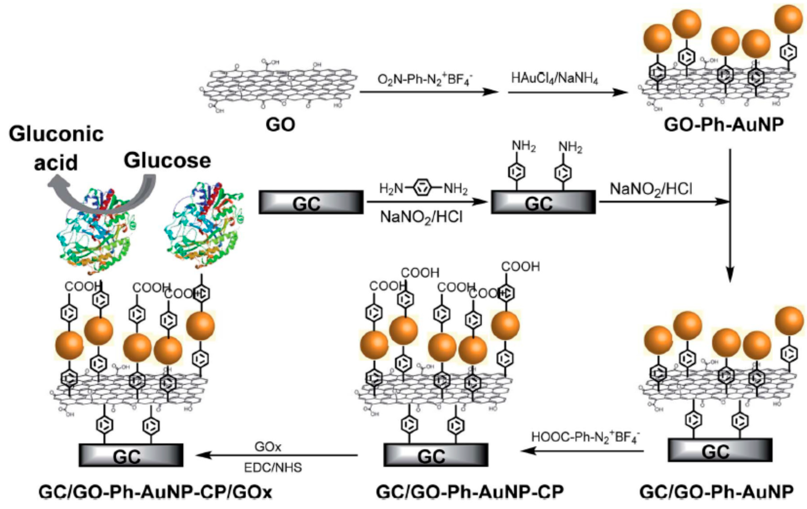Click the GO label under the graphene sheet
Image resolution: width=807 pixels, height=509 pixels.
pos(280,125)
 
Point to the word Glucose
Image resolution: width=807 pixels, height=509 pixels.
pos(167,161)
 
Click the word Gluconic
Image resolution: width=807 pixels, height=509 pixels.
pos(56,134)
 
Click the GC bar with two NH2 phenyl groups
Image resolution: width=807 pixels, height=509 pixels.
pos(543,202)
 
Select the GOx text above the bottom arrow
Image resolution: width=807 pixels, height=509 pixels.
pos(268,446)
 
